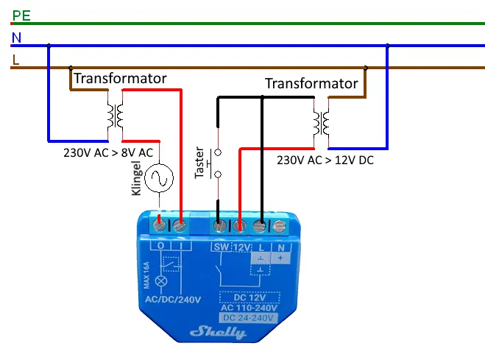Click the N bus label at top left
click(x=17, y=37)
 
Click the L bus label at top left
click(x=16, y=60)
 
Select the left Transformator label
click(x=120, y=78)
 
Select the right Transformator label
click(x=311, y=84)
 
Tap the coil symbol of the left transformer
click(x=114, y=116)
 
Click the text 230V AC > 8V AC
click(x=108, y=154)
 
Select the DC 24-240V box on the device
click(x=250, y=318)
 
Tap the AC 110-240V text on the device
click(x=250, y=307)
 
